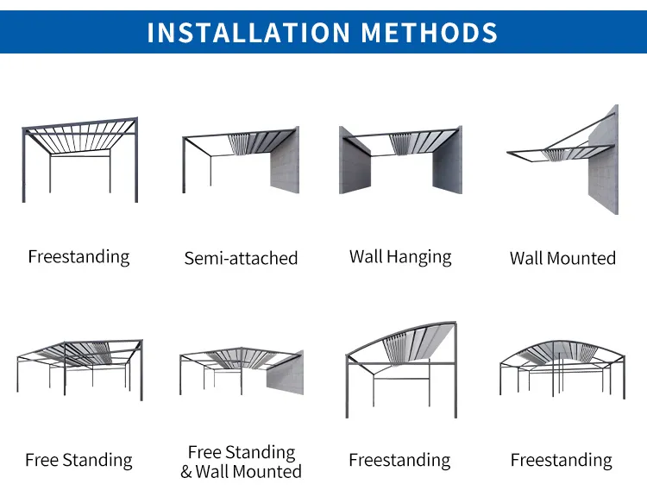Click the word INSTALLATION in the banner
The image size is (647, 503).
[x=248, y=32]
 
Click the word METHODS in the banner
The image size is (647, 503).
[x=430, y=32]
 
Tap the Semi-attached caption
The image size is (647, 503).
[x=241, y=258]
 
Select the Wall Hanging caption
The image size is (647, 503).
[x=400, y=256]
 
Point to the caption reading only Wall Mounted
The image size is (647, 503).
[x=562, y=258]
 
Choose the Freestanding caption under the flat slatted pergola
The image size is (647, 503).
[x=79, y=256]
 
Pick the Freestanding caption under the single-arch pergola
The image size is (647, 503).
[x=399, y=460]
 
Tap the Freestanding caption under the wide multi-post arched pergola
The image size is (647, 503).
[x=561, y=460]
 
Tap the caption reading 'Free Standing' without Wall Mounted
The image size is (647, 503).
[x=79, y=460]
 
